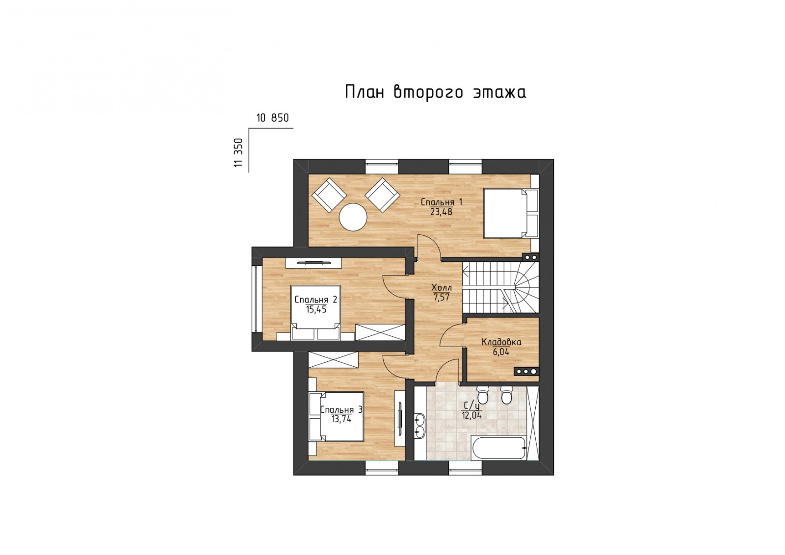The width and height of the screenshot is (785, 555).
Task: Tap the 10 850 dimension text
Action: click(273, 118)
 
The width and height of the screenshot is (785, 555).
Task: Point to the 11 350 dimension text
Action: click(238, 152)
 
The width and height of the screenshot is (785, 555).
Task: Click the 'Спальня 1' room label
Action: click(441, 202)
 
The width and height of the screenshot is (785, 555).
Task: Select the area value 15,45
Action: click(316, 309)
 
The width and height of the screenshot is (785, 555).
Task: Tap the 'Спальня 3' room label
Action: click(341, 410)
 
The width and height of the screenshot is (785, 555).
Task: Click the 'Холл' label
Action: click(442, 288)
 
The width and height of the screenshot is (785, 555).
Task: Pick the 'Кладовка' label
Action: click(501, 342)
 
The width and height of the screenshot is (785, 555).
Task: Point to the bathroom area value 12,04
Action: click(471, 416)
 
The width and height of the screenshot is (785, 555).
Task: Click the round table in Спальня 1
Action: click(353, 217)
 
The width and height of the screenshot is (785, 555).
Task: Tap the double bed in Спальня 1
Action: click(511, 214)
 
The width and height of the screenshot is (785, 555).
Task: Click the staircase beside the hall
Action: click(500, 287)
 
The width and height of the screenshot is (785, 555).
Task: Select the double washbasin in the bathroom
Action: click(420, 426)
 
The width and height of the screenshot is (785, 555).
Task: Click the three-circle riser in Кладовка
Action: click(526, 372)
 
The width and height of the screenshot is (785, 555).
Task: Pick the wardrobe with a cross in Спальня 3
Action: click(333, 360)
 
